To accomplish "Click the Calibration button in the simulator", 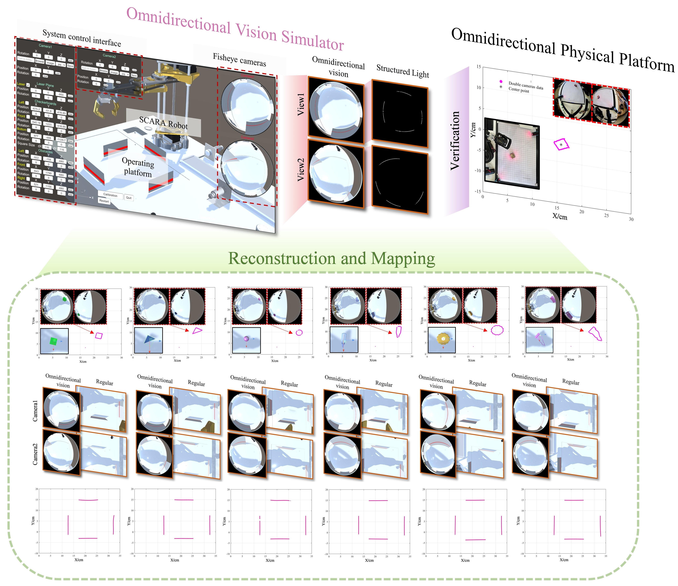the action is coord(110,195).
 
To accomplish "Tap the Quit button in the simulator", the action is coord(129,198).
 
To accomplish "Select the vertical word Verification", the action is coord(455,141).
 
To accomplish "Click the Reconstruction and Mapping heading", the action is coord(331,258).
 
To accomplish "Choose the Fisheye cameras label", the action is coord(240,60).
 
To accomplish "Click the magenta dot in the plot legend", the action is coord(501,81).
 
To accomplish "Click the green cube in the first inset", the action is coord(53,341).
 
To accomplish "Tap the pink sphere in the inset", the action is coord(246,339).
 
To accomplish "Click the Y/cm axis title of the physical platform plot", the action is coord(473,130).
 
